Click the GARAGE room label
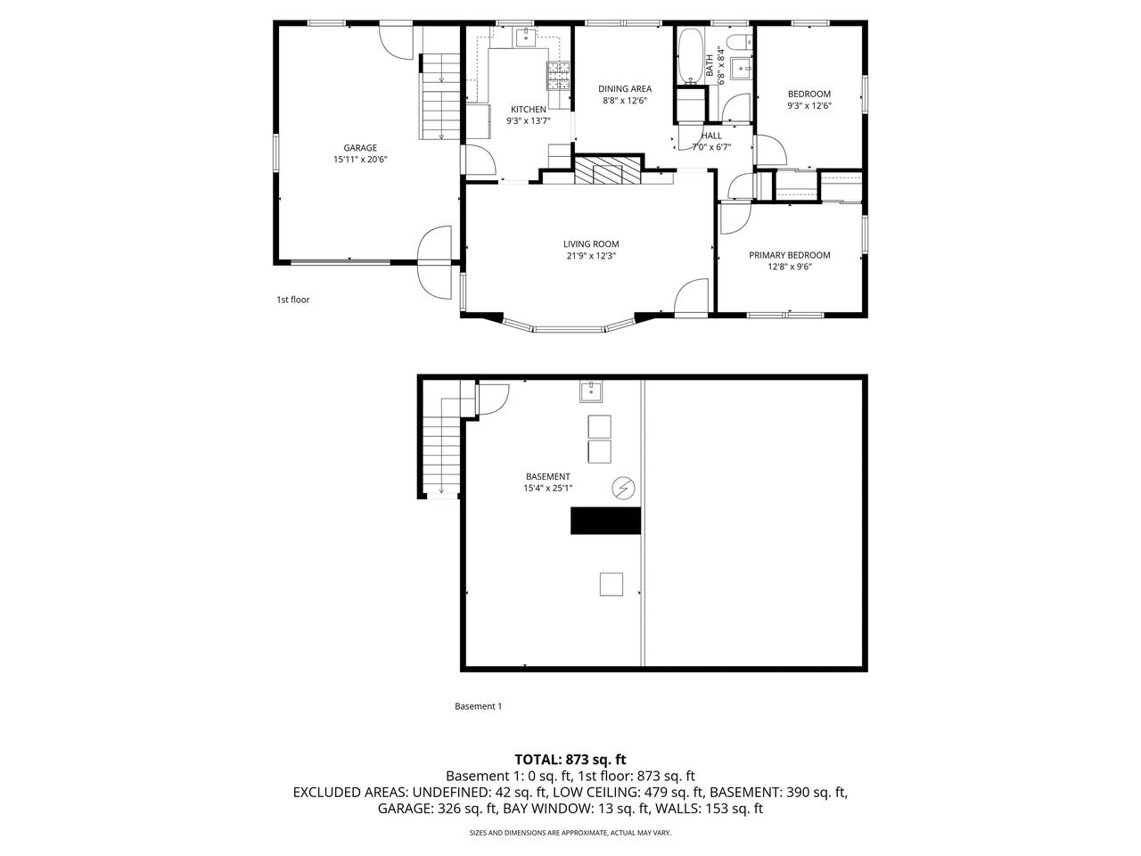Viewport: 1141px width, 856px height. click(360, 148)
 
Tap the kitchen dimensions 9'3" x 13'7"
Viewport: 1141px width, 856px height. click(528, 120)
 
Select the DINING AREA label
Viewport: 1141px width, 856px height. click(624, 88)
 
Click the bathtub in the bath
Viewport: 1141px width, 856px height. click(689, 58)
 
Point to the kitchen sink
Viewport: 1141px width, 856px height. click(527, 37)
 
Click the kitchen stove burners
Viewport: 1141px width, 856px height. click(559, 76)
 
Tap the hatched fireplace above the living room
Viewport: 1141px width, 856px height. click(607, 170)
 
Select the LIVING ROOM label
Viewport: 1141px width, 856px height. click(590, 243)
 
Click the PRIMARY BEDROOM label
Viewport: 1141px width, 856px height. click(789, 255)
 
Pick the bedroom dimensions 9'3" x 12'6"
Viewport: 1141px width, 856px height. click(809, 105)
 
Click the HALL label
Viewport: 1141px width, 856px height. click(711, 136)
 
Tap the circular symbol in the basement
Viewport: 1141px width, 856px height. click(622, 488)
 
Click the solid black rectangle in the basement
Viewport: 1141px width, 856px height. click(606, 521)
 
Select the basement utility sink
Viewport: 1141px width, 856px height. click(591, 391)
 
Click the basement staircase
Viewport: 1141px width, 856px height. click(442, 446)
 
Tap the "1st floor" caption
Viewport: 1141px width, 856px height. click(292, 300)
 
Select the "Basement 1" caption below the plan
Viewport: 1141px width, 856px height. click(478, 706)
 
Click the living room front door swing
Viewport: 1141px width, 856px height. click(692, 298)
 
